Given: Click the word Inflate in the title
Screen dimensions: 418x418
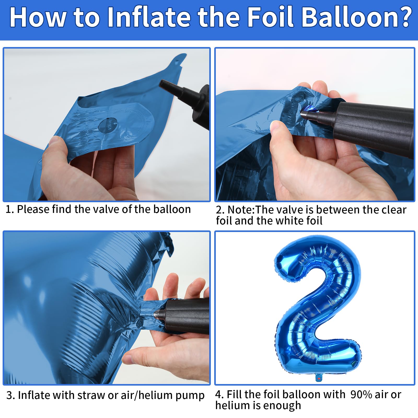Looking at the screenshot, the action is point(149,17).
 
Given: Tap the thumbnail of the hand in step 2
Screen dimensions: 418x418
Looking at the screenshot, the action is point(276,126).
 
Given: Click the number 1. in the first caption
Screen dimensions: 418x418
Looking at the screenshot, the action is point(10,210).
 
